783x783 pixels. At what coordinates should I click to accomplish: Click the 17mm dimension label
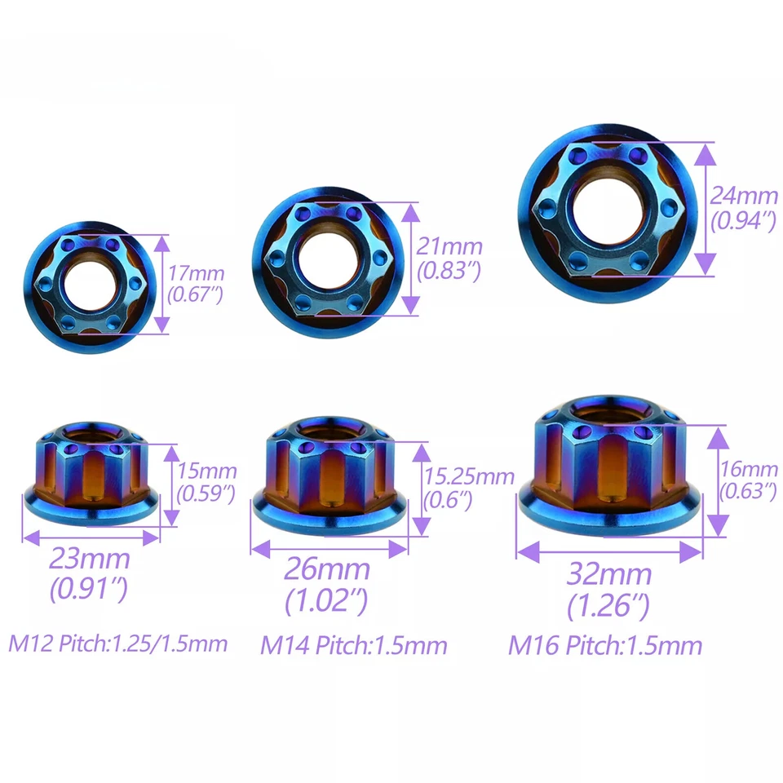point(196,273)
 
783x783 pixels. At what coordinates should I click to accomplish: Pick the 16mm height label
point(749,469)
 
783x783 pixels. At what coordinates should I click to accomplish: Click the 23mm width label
point(90,560)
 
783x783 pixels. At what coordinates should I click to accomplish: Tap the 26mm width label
point(327,568)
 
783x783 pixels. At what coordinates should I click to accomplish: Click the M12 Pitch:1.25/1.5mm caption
point(117,644)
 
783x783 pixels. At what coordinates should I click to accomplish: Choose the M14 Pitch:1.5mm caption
point(354,646)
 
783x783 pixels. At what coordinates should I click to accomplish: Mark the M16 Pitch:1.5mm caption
point(605,646)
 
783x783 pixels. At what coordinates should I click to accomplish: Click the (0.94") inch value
point(742,220)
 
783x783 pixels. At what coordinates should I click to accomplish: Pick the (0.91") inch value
point(90,589)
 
